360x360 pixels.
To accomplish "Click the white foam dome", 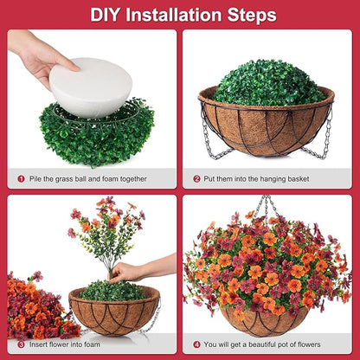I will (91, 87).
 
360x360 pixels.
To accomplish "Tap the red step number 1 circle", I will (22, 179).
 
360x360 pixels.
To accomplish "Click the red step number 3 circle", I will (22, 345).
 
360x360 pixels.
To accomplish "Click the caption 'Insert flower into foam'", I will (68, 345).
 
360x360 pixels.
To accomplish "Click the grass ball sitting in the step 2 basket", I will (268, 82).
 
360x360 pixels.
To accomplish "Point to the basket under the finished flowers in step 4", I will (263, 321).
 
